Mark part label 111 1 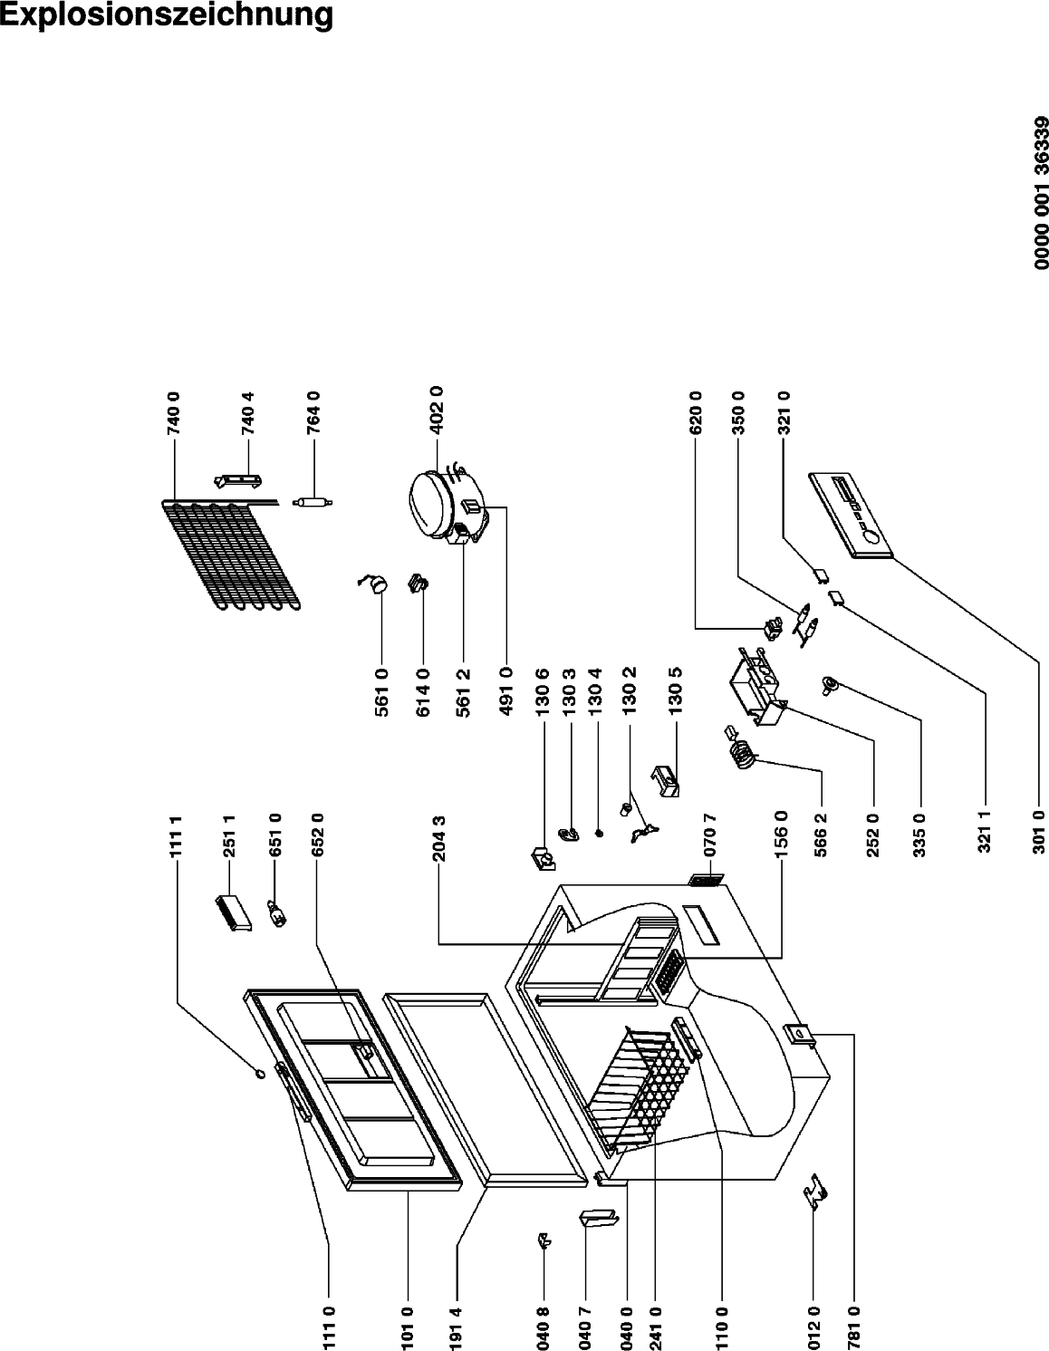[178, 834]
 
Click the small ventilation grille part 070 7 [707, 880]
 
